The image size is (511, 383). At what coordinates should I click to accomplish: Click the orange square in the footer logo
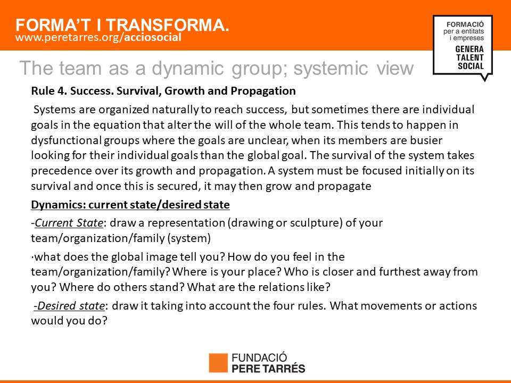(218, 362)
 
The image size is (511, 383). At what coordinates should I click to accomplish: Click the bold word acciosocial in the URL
(153, 37)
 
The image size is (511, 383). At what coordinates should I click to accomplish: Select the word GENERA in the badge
(469, 49)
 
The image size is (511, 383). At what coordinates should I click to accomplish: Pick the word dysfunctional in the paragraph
(67, 140)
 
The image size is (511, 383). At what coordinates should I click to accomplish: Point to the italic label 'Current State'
(69, 223)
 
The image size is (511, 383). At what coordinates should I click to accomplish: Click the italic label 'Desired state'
(69, 306)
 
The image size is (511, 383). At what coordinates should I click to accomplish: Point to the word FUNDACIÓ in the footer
(259, 357)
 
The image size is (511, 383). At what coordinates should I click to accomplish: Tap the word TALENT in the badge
(469, 57)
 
